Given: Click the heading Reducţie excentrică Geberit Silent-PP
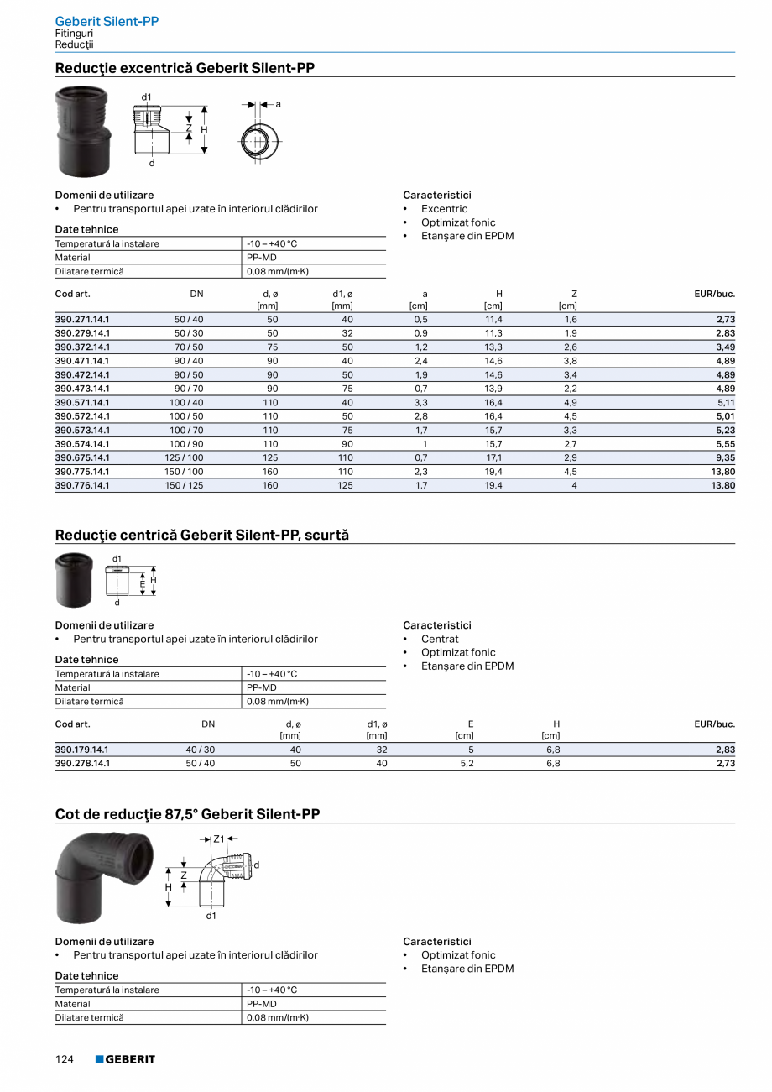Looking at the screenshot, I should [185, 68].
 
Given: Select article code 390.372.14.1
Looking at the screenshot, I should [82, 347].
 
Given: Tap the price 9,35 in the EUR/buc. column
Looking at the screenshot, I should [723, 457].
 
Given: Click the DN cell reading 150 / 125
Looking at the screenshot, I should [184, 485].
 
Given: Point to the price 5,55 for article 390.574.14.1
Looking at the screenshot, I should [723, 444].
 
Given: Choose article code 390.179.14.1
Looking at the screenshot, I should [82, 750].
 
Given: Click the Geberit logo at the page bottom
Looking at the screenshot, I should [125, 1059].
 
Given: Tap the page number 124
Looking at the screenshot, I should [65, 1059].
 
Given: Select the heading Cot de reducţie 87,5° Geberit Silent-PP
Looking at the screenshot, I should [187, 814].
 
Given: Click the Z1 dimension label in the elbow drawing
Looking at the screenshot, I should [219, 838].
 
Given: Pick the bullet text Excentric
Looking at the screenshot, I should [444, 209].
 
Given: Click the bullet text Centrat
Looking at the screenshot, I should [440, 640].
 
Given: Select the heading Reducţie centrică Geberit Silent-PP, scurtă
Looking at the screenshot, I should [201, 535].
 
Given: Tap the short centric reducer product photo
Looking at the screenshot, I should [75, 579].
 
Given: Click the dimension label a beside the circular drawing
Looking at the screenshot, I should [278, 103].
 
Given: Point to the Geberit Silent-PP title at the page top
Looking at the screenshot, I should [107, 21].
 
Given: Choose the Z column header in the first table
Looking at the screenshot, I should [574, 294].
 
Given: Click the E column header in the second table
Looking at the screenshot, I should [471, 724].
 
